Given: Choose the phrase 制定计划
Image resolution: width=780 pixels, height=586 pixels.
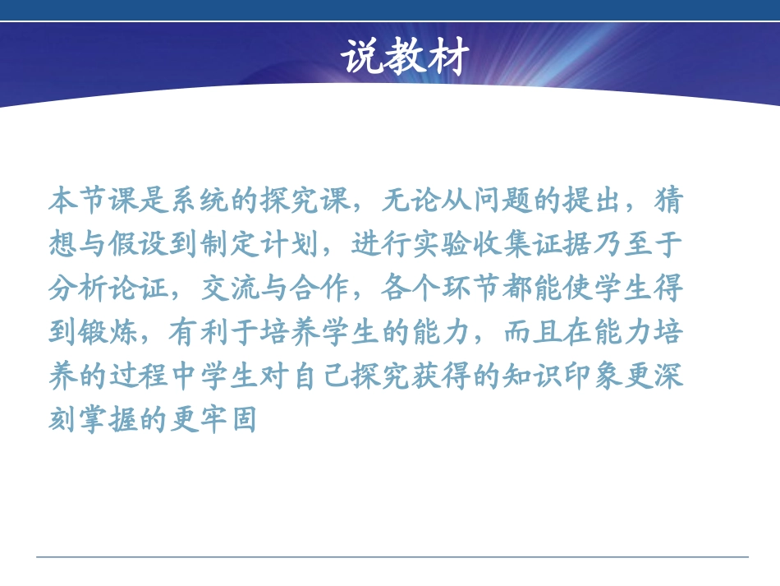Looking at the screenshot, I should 262,244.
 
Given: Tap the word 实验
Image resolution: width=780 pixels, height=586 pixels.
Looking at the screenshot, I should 443,244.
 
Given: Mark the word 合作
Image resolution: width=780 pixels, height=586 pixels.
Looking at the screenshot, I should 323,288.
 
